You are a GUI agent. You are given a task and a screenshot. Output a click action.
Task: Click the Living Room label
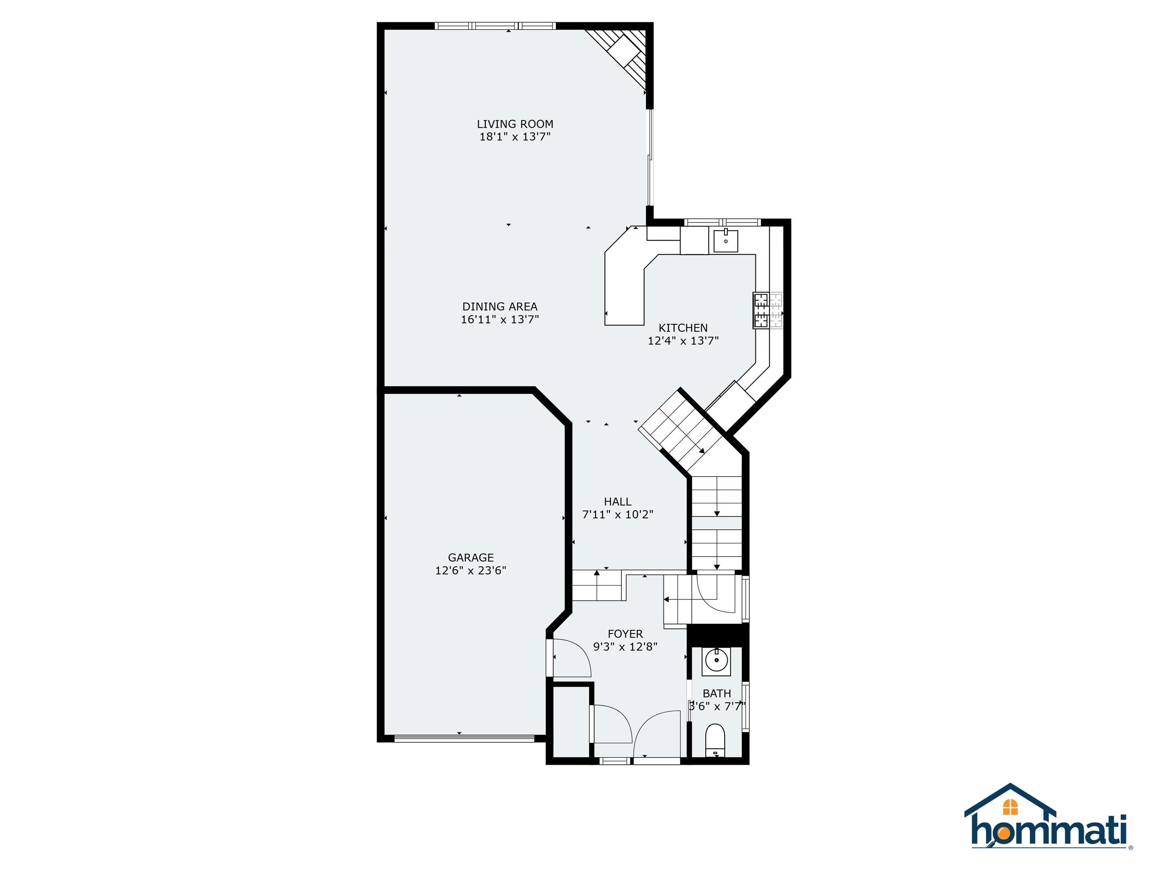tap(515, 124)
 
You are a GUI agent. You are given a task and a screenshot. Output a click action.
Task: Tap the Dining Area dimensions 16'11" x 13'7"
tap(500, 319)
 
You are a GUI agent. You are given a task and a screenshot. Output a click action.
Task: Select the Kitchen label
tap(683, 328)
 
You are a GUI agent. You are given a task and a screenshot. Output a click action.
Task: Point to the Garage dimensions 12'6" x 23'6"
tap(470, 570)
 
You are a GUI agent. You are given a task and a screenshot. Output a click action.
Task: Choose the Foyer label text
tap(625, 634)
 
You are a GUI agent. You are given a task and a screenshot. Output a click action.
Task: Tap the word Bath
tap(717, 693)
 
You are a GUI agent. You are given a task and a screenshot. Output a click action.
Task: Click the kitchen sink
tap(725, 240)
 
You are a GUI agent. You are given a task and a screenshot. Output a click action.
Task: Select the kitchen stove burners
tap(768, 311)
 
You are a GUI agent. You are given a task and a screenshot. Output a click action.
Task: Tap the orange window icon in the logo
tap(1010, 806)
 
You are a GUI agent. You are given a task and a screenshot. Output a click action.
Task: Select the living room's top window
tap(495, 25)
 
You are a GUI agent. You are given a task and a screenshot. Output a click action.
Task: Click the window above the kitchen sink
tap(723, 222)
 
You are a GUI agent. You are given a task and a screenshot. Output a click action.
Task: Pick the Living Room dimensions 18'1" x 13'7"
tap(515, 137)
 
